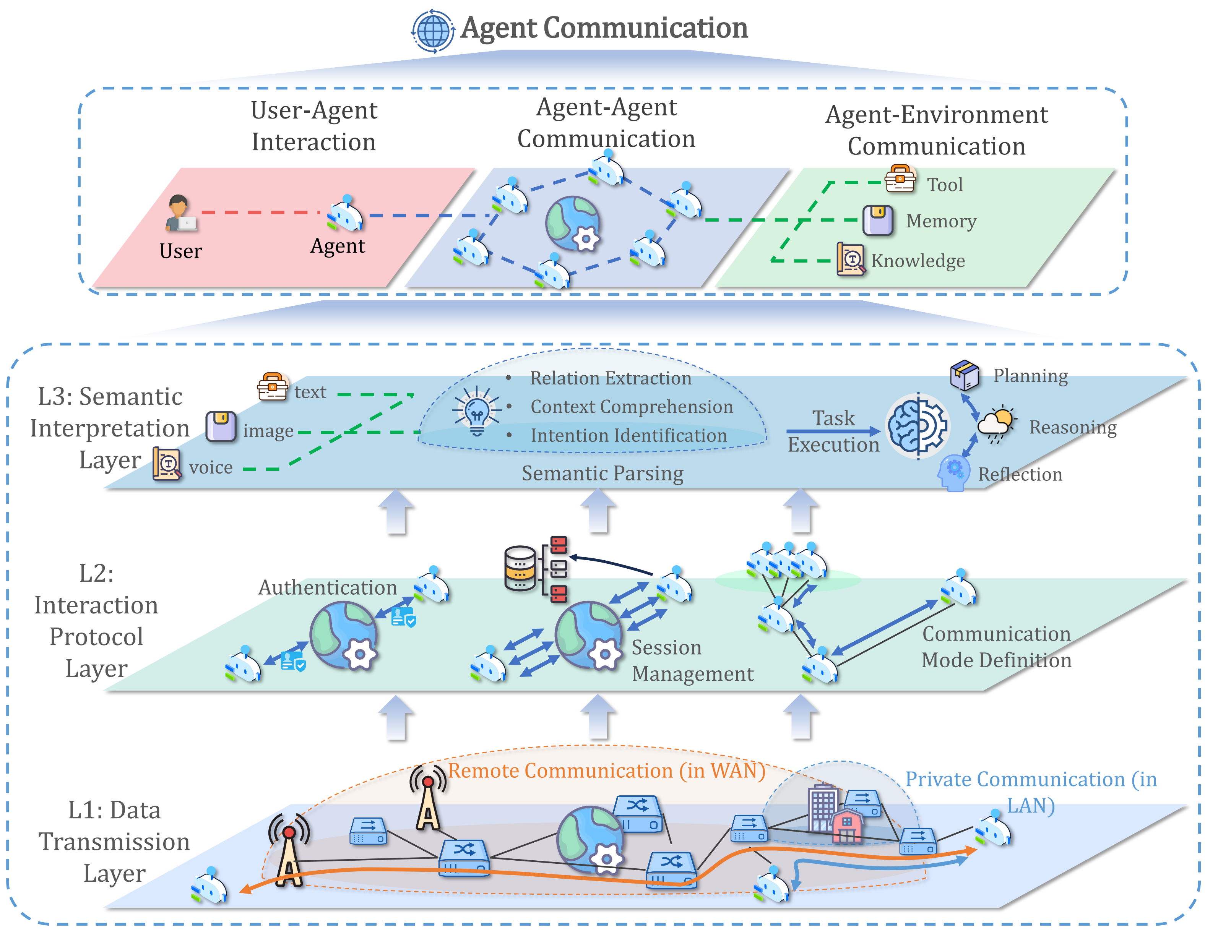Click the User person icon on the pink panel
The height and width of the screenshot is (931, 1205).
coord(180,213)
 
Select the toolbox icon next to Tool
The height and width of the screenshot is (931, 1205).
coord(900,179)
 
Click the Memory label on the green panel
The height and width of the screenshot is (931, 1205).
coord(941,221)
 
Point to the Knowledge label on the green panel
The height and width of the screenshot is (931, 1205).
coord(918,261)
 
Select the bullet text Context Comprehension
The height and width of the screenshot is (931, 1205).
coord(632,407)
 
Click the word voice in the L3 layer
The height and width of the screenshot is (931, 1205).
coord(211,468)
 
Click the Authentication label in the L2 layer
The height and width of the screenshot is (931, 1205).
coord(328,588)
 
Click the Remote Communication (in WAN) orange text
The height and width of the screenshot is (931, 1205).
coord(606,771)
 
